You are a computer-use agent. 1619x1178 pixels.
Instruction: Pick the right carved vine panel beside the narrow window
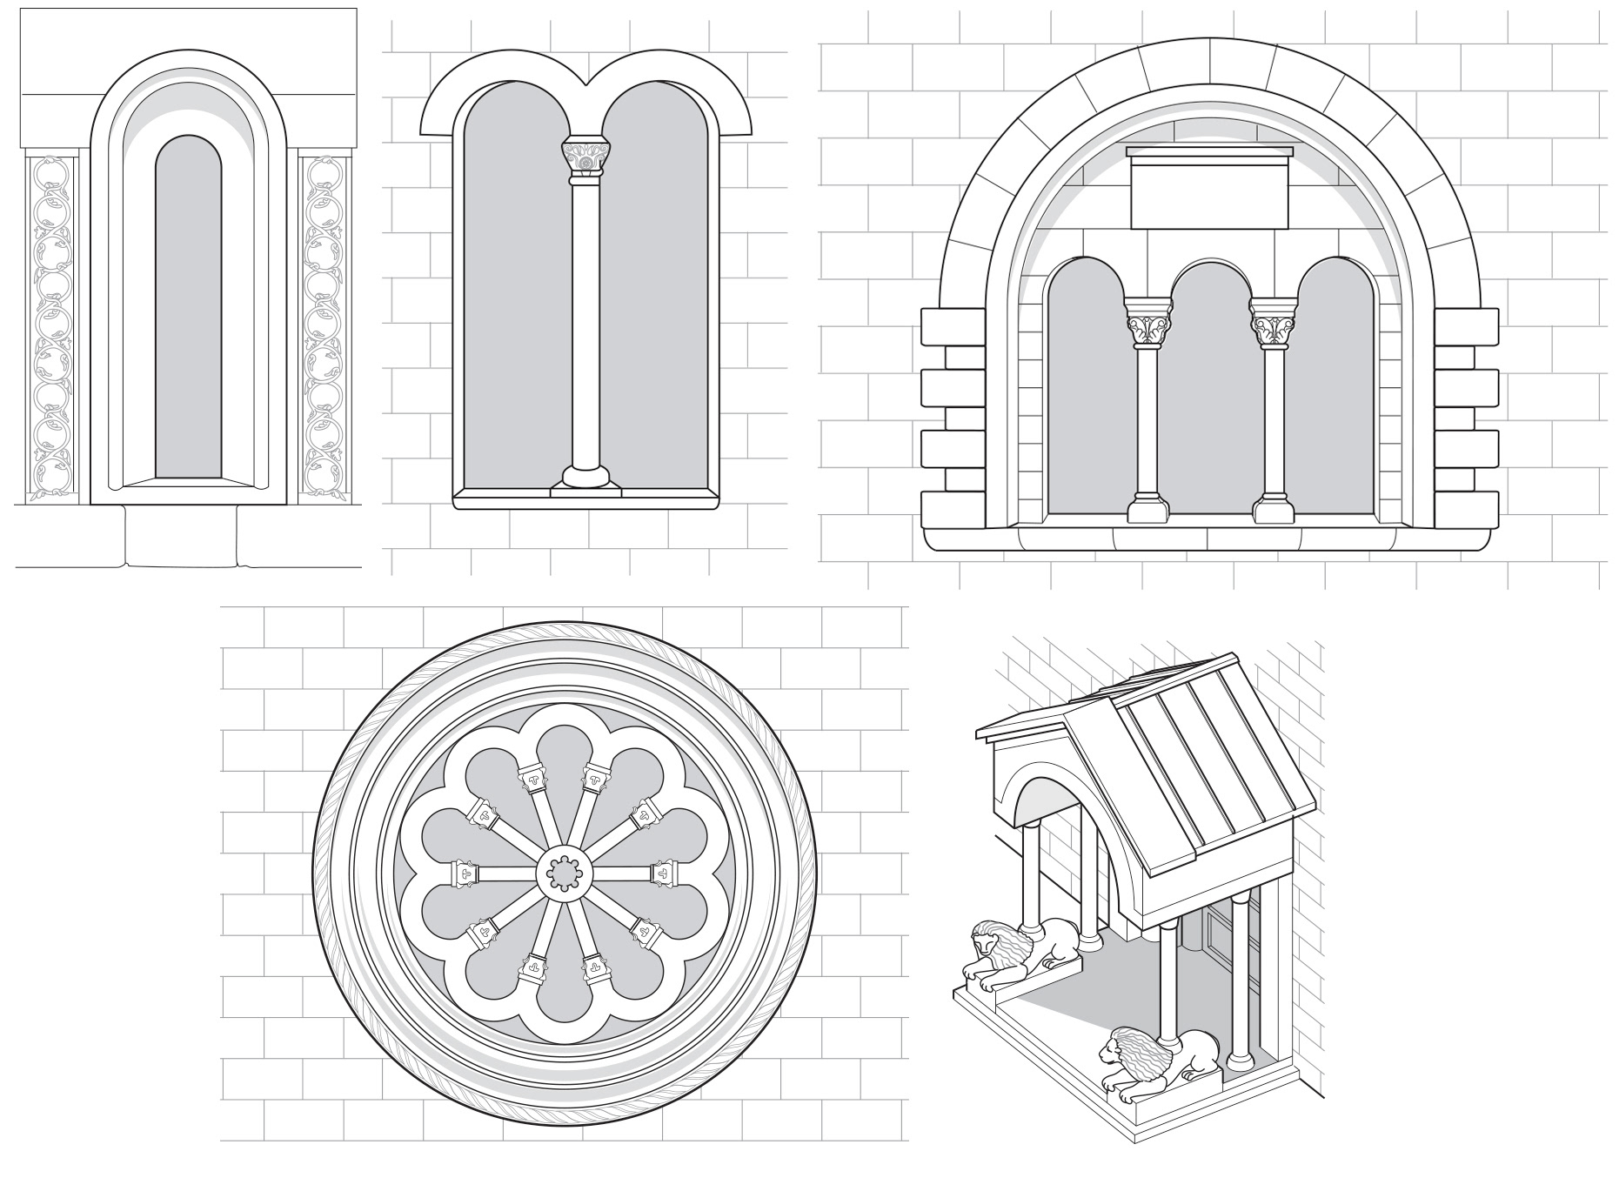click(324, 329)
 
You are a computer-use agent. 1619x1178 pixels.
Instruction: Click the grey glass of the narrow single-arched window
click(188, 313)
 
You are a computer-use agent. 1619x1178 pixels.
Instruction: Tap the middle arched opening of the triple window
click(1211, 392)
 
